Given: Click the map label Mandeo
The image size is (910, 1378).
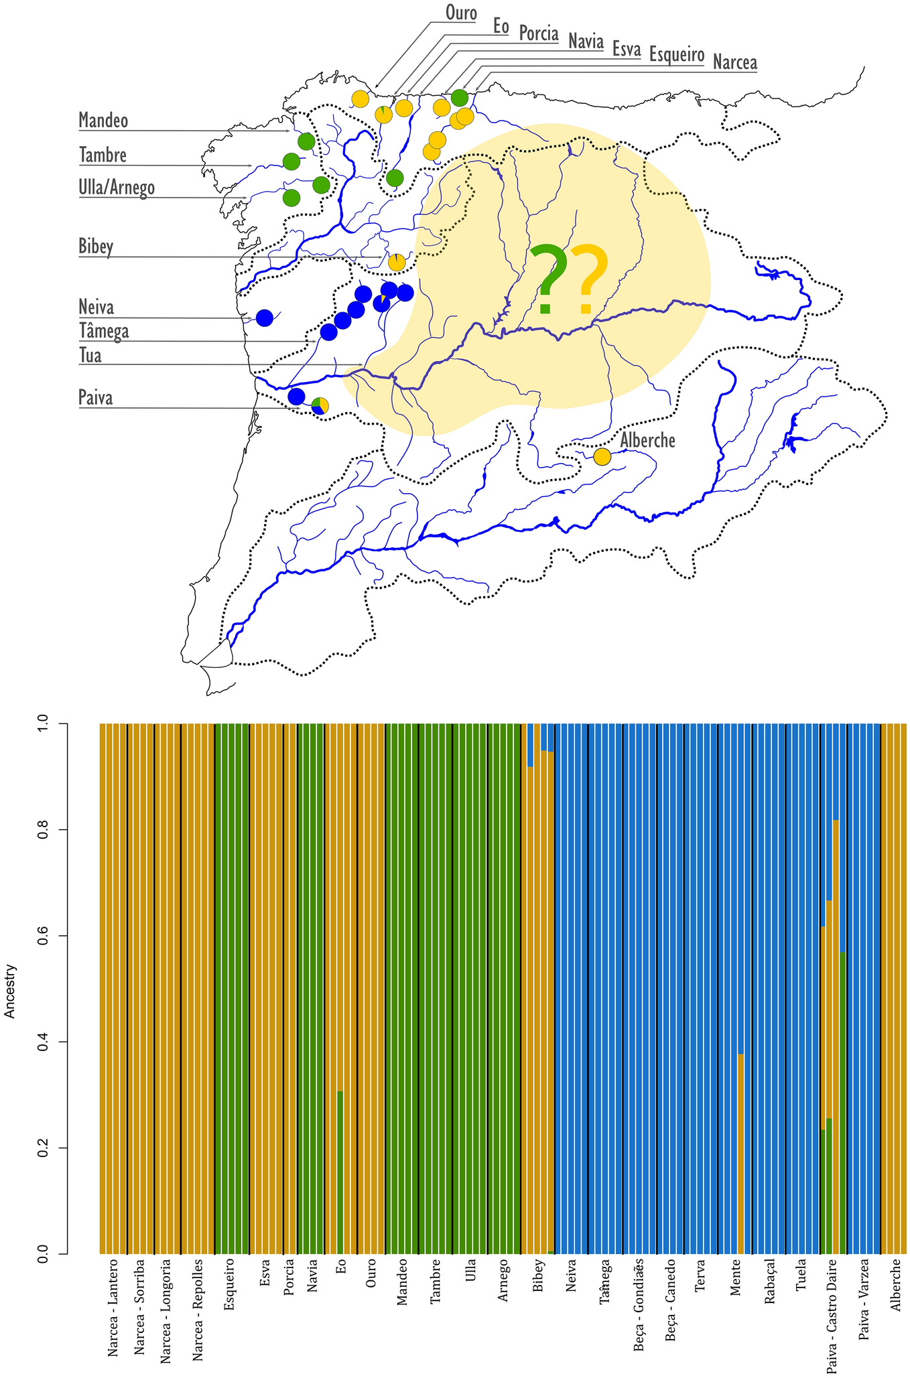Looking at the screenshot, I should point(103,121).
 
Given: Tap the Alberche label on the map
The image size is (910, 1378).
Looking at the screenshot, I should point(647,441).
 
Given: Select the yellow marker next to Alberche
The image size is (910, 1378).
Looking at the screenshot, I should point(602,457).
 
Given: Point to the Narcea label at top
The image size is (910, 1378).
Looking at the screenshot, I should point(734,63).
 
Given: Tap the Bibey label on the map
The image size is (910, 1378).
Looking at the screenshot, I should point(96,247).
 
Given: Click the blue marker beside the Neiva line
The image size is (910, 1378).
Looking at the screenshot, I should point(264,318).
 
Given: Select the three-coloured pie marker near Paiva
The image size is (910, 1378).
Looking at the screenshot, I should point(320,406).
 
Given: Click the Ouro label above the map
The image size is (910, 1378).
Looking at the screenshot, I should point(461,13).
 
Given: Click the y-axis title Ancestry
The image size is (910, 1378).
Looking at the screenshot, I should point(10,991).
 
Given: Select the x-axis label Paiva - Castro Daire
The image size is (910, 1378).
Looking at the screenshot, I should point(832,1316).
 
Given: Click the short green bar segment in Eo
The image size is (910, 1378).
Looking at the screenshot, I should point(340,1172).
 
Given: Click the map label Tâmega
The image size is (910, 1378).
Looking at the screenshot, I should point(104,332).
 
